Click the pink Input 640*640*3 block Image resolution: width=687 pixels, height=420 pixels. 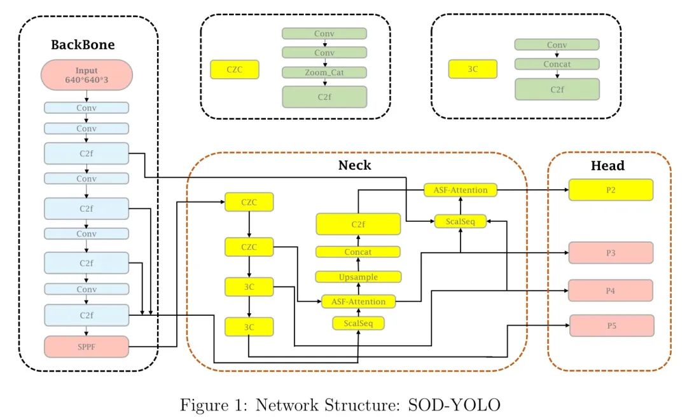(87, 75)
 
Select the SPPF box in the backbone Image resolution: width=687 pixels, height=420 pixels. (87, 346)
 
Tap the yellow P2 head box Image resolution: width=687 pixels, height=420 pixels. (611, 189)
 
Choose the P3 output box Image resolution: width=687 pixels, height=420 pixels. (611, 252)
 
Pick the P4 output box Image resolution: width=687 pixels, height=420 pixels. (611, 290)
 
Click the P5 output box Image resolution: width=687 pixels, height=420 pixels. (611, 325)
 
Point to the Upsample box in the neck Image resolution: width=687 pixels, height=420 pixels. (358, 276)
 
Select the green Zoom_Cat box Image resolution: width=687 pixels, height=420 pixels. (324, 72)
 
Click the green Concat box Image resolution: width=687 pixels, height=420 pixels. (557, 64)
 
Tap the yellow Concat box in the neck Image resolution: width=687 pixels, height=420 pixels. (358, 252)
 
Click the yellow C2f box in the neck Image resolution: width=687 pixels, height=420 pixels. (358, 224)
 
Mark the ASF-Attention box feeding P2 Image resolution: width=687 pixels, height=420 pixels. (461, 189)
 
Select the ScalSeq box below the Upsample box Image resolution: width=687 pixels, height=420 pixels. (358, 323)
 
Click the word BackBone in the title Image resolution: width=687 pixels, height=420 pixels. (83, 45)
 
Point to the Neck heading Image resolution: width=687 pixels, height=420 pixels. (354, 166)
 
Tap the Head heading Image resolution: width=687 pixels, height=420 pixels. (608, 166)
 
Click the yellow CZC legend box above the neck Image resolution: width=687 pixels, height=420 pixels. (235, 69)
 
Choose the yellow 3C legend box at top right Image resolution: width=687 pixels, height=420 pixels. (473, 69)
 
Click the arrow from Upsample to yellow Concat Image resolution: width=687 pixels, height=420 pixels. (358, 264)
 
